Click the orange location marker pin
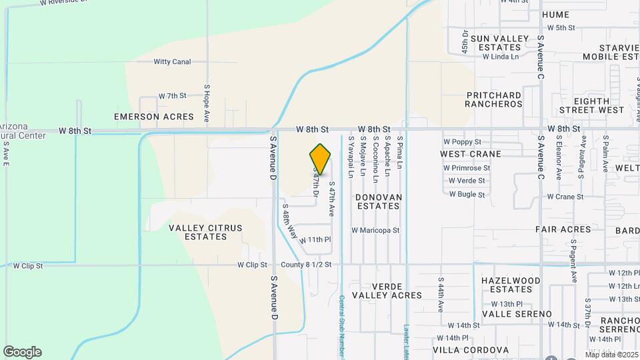pyautogui.click(x=321, y=159)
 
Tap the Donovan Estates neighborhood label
pyautogui.click(x=378, y=202)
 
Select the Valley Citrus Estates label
pyautogui.click(x=205, y=232)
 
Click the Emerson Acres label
pyautogui.click(x=154, y=117)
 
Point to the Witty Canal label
pyautogui.click(x=172, y=62)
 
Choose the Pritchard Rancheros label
pyautogui.click(x=494, y=100)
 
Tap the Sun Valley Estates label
pyautogui.click(x=499, y=43)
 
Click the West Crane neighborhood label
pyautogui.click(x=471, y=154)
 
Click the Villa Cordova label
pyautogui.click(x=471, y=350)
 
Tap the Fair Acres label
pyautogui.click(x=563, y=229)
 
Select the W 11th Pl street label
pyautogui.click(x=315, y=240)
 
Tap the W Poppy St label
pyautogui.click(x=463, y=142)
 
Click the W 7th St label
pyautogui.click(x=173, y=97)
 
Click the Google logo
pyautogui.click(x=22, y=352)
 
